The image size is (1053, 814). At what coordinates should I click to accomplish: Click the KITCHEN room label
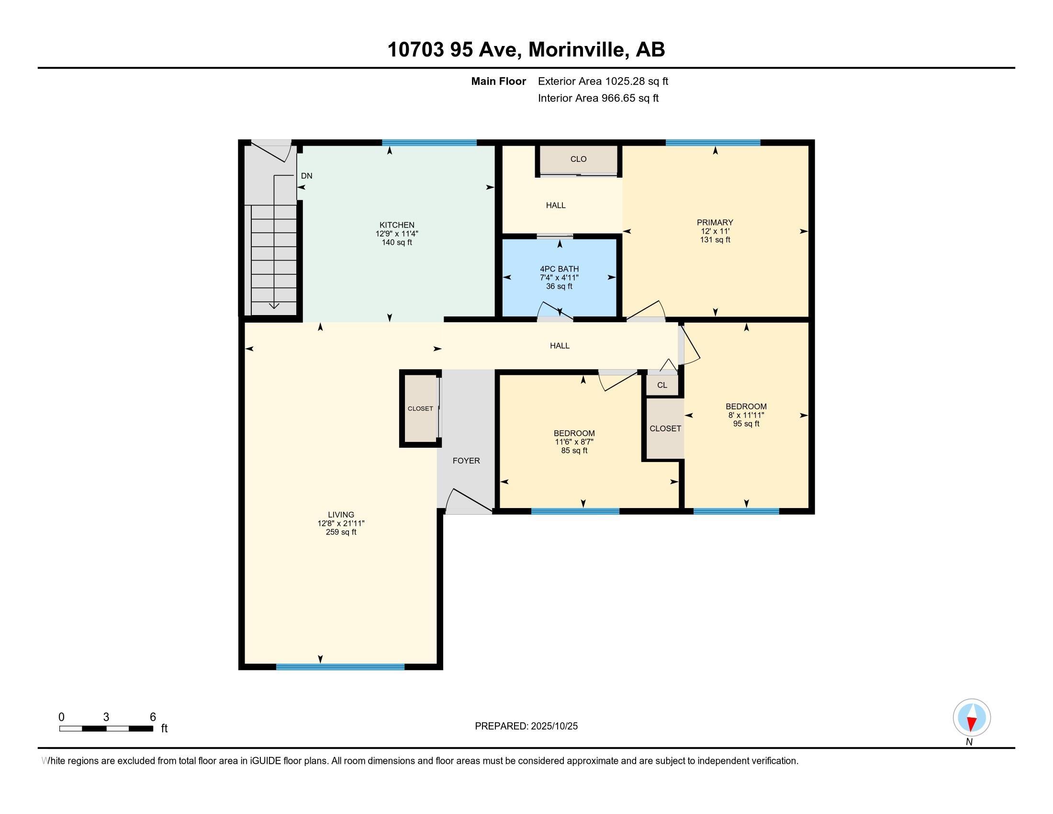pos(397,225)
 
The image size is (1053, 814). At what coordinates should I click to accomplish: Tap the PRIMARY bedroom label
pos(715,222)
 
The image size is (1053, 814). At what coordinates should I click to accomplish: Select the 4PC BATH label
pos(559,269)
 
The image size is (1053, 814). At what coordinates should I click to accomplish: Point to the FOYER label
pos(466,461)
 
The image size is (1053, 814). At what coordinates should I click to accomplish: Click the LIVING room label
pos(341,515)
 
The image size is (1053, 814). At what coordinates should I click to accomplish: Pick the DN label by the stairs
pos(306,176)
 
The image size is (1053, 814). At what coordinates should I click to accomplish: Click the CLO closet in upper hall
pos(578,159)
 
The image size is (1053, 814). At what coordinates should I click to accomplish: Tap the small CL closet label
pos(662,385)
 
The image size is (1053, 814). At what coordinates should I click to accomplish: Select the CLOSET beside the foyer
pos(420,408)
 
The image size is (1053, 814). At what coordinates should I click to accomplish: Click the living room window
pos(340,667)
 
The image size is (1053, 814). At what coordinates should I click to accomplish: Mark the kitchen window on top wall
pos(429,143)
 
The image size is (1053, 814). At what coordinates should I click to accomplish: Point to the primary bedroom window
pos(713,143)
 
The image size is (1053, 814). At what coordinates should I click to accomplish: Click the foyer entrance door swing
pos(468,501)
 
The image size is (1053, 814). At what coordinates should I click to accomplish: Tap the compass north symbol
pos(972,718)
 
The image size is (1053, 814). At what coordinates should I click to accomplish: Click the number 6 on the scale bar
pos(152,717)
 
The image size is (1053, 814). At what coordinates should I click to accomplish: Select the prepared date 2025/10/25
pos(553,726)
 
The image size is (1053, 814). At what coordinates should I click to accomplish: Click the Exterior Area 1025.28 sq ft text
pos(603,81)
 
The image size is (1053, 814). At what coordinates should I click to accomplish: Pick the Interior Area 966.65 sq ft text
pos(598,98)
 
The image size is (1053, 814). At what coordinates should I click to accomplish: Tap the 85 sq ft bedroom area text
pos(574,451)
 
